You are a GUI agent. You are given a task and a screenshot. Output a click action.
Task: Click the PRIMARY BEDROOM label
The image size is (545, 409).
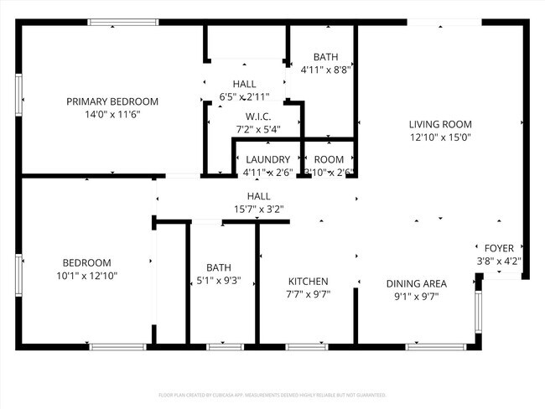112,101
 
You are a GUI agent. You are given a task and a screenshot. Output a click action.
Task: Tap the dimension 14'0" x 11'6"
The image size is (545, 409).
112,114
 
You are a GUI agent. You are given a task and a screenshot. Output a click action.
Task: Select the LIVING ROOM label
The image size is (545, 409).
440,124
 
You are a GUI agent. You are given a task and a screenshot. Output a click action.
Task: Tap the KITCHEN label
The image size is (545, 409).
309,281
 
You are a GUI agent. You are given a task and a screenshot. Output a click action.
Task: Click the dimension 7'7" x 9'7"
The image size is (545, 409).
309,294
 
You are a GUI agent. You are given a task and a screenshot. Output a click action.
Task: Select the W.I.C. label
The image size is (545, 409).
257,116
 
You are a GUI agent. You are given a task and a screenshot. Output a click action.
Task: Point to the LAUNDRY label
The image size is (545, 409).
267,159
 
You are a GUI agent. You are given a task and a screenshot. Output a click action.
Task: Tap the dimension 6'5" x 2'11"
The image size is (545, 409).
244,97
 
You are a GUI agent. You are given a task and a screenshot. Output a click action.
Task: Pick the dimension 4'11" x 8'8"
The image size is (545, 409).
325,70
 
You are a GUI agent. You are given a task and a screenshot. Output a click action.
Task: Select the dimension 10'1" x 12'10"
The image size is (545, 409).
86,275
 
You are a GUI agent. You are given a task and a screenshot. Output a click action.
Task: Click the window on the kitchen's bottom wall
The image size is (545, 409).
307,346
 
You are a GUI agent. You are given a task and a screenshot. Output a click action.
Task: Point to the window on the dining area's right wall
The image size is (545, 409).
479,316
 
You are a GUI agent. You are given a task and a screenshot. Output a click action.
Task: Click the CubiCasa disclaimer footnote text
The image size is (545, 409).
272,394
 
